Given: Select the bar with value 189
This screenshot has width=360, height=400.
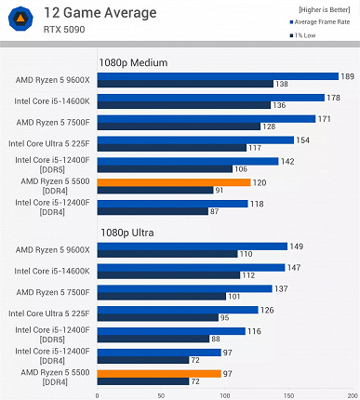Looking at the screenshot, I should coord(217,76).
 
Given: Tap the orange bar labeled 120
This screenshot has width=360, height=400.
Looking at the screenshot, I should coord(173,182).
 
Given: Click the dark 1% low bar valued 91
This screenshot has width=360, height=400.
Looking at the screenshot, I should coord(153,191).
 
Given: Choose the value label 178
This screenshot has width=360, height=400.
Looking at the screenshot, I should coord(333,98).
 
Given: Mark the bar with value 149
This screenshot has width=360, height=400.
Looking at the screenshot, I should coord(192,247).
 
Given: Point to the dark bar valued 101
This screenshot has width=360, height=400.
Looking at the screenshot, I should coord(161,297).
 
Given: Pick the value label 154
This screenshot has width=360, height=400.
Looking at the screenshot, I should coord(302,140).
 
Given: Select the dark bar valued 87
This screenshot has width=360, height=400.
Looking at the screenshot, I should coord(152,211).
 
